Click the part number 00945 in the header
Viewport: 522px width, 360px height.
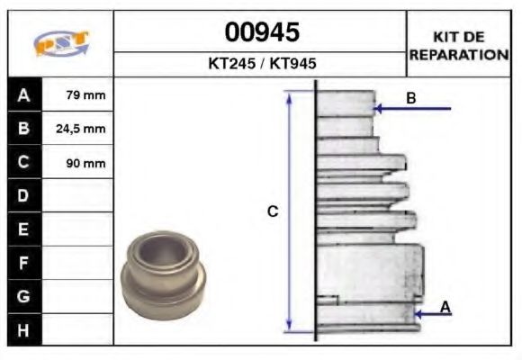[262, 33]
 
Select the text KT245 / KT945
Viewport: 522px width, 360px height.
[262, 65]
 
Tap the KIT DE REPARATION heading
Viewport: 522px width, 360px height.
[459, 46]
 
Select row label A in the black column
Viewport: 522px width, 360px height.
[23, 94]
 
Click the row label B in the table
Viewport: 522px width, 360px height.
[23, 129]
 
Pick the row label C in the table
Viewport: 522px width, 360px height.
[23, 163]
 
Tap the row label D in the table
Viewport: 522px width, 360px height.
[23, 195]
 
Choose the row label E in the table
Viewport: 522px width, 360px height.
[23, 229]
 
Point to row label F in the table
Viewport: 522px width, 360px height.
[23, 263]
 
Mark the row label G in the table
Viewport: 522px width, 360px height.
[23, 296]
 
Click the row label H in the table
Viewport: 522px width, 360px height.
[23, 330]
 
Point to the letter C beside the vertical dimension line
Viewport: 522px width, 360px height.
[273, 211]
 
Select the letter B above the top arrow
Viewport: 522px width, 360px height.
[410, 98]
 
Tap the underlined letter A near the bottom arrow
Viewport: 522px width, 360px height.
[445, 307]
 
